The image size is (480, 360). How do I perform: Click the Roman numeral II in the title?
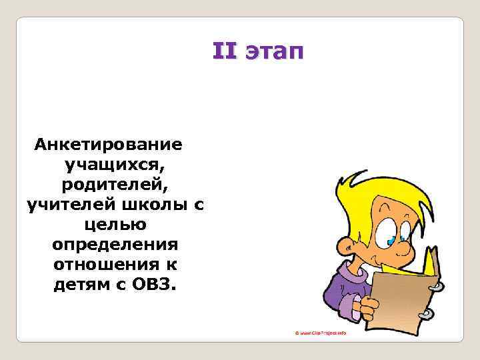224,51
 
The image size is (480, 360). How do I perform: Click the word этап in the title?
274,53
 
